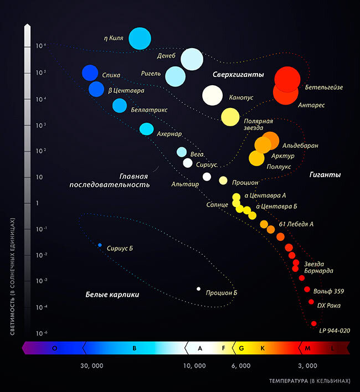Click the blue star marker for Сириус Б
point(100,245)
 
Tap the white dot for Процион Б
point(198,288)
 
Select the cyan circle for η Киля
point(140,38)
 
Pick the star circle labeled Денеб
point(192,59)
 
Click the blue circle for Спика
point(90,73)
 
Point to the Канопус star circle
point(212,95)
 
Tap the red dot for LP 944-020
point(314,323)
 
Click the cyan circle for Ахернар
point(146,129)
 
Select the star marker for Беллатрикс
point(120,105)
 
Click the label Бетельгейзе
point(323,87)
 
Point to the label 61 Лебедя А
point(296,224)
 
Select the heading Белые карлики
point(112,295)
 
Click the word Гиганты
point(325,174)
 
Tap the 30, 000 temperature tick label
point(92,365)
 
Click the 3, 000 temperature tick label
point(307,365)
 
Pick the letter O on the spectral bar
point(54,348)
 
